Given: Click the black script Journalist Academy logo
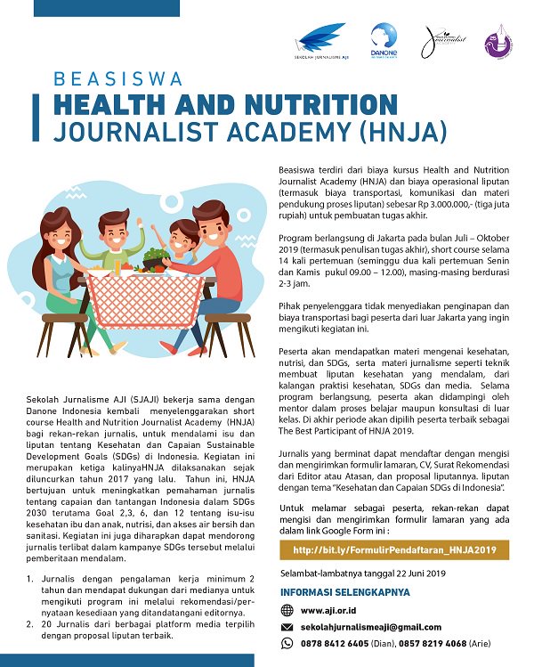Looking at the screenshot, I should point(442,41).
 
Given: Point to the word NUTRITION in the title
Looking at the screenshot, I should point(307,104).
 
